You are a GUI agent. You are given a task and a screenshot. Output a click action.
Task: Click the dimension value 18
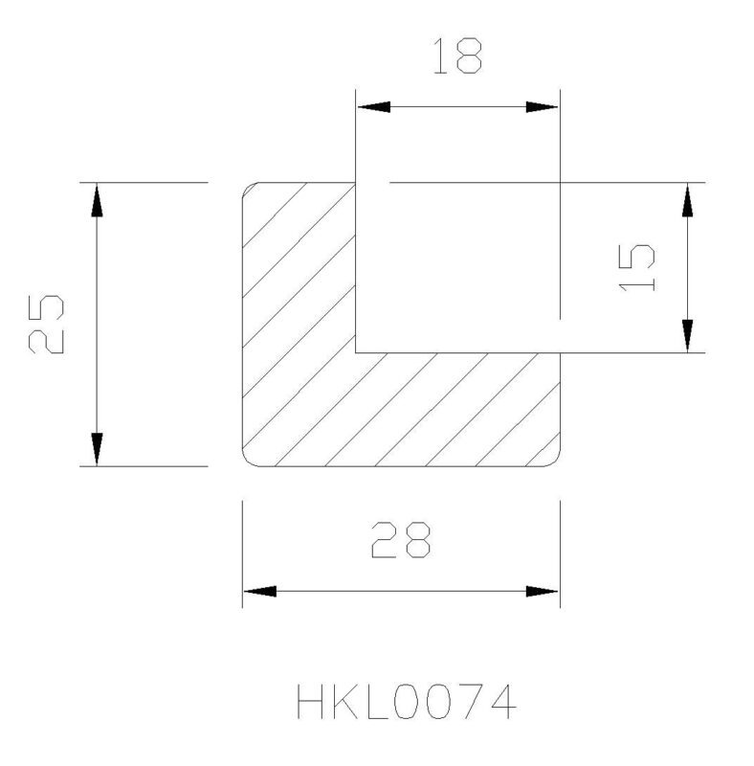coord(457,56)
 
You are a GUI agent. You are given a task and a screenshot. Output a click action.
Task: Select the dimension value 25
coord(46,324)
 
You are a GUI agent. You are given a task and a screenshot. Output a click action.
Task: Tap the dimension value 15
coord(636,268)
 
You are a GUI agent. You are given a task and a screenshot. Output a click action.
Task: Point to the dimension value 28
coord(401,540)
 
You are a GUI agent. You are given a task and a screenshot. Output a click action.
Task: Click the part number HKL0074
coord(407,702)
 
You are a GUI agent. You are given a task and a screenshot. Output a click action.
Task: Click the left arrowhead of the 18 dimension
coord(374,107)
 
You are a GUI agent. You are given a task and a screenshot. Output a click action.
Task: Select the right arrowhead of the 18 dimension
coord(542,107)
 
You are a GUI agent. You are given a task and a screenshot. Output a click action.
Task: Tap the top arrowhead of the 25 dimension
coord(98,200)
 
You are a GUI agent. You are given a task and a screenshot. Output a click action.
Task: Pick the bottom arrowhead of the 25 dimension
coord(98,448)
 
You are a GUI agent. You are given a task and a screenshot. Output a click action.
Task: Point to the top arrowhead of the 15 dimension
coord(688,200)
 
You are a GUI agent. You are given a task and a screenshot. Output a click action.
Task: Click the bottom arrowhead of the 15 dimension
coord(688,335)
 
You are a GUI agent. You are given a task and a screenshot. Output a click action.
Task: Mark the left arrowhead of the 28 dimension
coord(260,592)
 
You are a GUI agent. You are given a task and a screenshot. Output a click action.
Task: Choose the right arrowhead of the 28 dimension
coord(542,592)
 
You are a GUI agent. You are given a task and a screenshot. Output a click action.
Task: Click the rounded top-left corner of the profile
coord(247,187)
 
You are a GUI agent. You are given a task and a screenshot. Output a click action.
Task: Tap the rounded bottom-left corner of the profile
coord(247,462)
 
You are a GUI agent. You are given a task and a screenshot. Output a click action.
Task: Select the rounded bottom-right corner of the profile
coord(556,462)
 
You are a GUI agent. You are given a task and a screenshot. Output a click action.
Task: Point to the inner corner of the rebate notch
coord(356,352)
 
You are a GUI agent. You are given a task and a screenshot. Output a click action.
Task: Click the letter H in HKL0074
coord(310,702)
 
